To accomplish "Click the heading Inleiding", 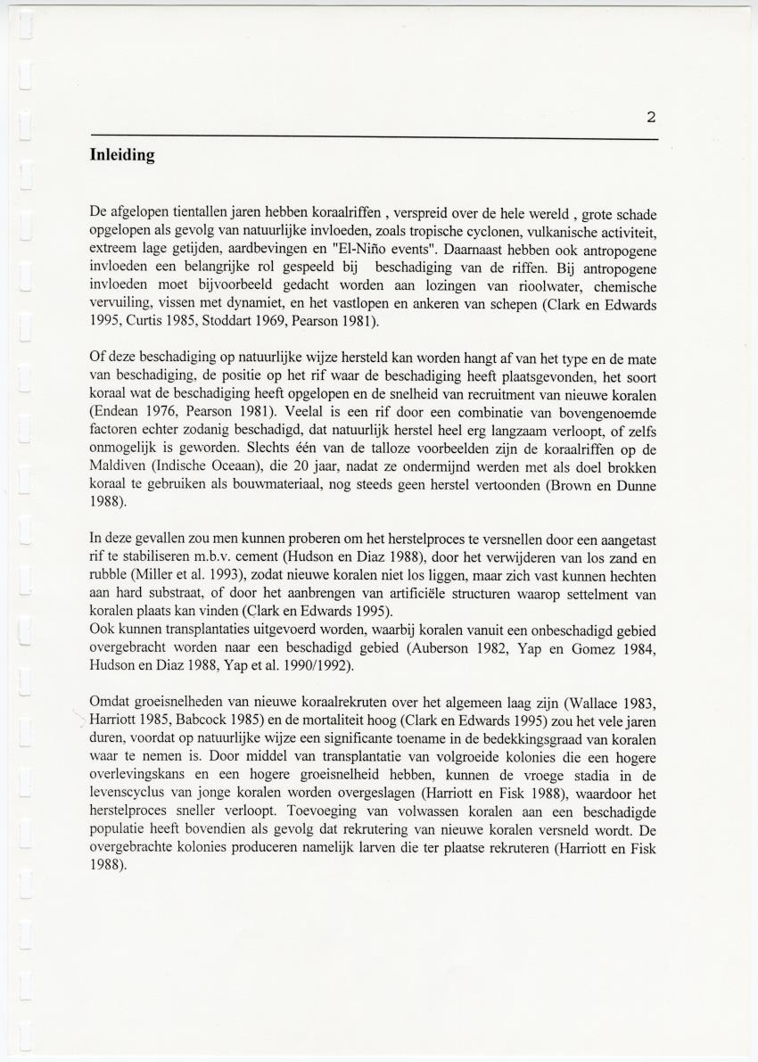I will (122, 155).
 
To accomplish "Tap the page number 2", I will (651, 117).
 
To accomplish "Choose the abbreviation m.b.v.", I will (202, 557).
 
